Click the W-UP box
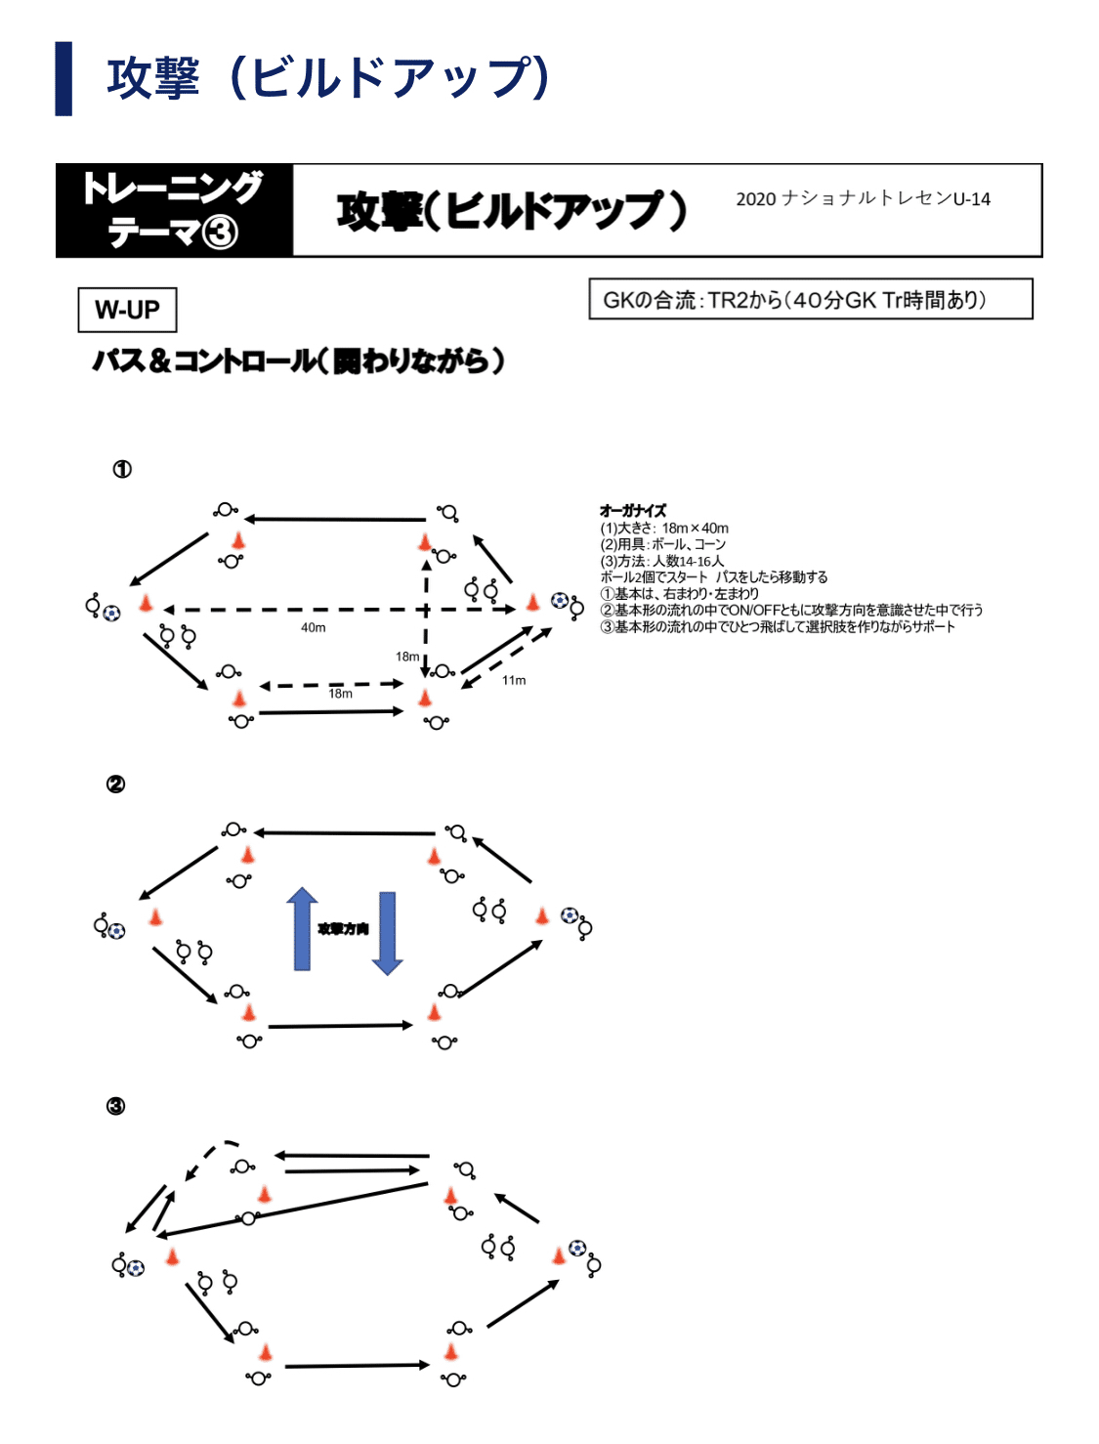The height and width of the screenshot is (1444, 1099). click(x=127, y=310)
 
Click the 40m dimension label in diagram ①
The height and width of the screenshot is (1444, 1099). click(x=313, y=627)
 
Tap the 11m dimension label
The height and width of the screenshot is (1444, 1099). click(x=514, y=680)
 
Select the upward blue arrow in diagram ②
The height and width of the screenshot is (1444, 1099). click(x=302, y=928)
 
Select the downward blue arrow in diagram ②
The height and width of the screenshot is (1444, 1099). click(x=387, y=933)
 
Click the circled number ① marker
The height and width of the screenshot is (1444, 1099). click(x=122, y=470)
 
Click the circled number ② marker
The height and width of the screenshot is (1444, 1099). click(x=115, y=785)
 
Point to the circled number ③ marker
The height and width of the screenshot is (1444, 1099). click(x=115, y=1106)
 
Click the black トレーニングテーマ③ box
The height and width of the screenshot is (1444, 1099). click(x=174, y=211)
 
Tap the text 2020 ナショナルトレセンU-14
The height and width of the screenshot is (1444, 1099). click(x=863, y=198)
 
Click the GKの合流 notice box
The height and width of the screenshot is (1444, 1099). click(x=810, y=300)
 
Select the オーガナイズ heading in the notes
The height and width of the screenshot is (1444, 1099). click(x=632, y=510)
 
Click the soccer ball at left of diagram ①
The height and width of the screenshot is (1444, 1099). click(x=111, y=614)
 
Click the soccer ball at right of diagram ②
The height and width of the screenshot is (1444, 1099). click(x=569, y=915)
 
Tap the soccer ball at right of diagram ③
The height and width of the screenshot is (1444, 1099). click(x=577, y=1248)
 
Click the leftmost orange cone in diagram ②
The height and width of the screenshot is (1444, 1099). click(x=154, y=916)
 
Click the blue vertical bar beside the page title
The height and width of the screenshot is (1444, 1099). click(x=63, y=78)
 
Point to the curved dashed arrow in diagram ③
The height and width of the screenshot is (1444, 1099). click(x=209, y=1155)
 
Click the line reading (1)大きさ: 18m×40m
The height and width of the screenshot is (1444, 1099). click(x=664, y=528)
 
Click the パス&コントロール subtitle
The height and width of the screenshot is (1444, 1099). click(x=298, y=361)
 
